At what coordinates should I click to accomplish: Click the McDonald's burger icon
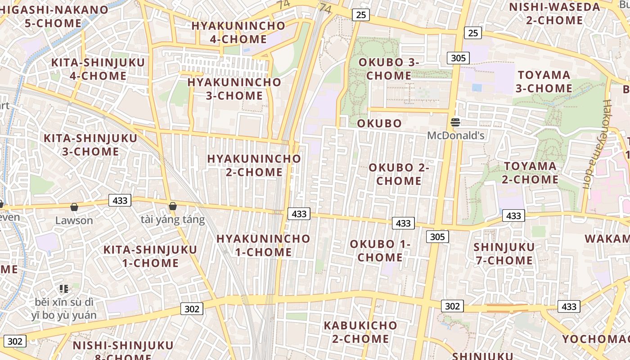tap(455, 122)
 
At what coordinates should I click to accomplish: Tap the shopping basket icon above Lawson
tap(74, 207)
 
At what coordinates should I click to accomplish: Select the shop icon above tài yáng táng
tap(172, 207)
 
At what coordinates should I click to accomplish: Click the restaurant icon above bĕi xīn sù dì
tap(64, 288)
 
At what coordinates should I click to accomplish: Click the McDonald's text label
tap(455, 135)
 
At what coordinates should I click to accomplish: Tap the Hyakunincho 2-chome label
tap(254, 165)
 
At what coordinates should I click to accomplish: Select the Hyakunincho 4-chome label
tap(238, 32)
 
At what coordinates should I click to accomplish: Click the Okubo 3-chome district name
tap(389, 69)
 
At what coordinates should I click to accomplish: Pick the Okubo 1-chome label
tap(380, 251)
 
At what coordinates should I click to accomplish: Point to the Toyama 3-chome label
tap(544, 81)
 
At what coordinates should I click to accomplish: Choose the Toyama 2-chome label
tap(530, 173)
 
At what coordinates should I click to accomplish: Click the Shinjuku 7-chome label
tap(504, 253)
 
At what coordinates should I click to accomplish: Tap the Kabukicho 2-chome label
tap(360, 332)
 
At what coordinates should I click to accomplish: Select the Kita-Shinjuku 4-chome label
tap(98, 69)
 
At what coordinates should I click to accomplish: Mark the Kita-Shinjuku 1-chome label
tap(150, 256)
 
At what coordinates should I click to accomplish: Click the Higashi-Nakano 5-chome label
tap(54, 16)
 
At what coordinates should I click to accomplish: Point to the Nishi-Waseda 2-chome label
tap(554, 13)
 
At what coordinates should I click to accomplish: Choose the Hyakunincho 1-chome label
tap(263, 245)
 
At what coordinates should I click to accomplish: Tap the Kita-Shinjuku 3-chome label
tap(90, 144)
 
